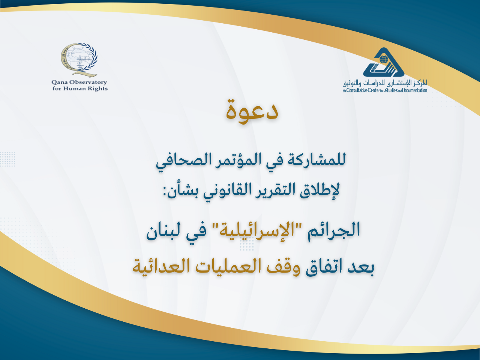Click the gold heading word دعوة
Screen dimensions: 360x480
[x=252, y=109]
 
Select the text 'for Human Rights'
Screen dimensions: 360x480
[x=80, y=89]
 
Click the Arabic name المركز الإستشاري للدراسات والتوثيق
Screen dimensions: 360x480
[x=385, y=83]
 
